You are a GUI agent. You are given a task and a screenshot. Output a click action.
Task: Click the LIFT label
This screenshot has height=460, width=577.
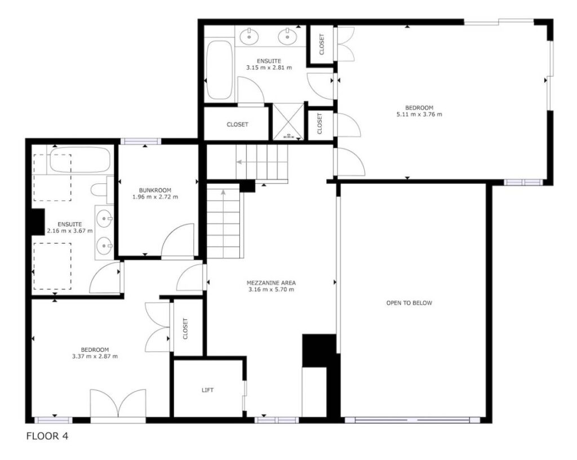click(207, 390)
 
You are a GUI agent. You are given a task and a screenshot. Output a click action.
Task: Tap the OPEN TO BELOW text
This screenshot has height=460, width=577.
click(409, 303)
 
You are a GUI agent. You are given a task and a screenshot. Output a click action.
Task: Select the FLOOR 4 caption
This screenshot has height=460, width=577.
click(47, 436)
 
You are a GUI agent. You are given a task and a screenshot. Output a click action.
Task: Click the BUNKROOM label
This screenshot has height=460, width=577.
click(155, 190)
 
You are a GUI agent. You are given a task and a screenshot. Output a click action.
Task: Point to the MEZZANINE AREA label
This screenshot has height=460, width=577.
click(271, 283)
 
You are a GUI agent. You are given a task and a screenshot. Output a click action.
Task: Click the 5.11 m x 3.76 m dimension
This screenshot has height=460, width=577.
click(419, 114)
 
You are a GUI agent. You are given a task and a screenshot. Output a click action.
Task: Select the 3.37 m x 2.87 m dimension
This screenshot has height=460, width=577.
click(95, 356)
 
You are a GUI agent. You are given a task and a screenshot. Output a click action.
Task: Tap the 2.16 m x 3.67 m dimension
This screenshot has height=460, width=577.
click(70, 231)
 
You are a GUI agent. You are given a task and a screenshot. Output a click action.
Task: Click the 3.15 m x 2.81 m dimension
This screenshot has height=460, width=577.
click(269, 68)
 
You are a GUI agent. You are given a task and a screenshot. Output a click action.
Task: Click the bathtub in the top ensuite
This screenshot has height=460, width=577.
click(219, 69)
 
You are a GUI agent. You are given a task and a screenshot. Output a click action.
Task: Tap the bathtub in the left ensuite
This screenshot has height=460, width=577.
click(80, 160)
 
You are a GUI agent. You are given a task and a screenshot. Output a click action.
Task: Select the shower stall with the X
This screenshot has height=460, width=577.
click(288, 121)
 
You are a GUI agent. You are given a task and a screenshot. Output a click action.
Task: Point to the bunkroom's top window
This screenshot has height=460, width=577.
click(141, 141)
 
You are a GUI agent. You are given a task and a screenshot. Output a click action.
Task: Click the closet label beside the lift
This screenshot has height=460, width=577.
click(185, 329)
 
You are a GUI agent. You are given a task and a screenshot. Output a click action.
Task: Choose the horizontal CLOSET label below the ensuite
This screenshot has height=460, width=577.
click(237, 125)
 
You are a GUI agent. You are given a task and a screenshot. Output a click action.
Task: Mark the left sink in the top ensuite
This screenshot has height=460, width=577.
click(249, 36)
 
